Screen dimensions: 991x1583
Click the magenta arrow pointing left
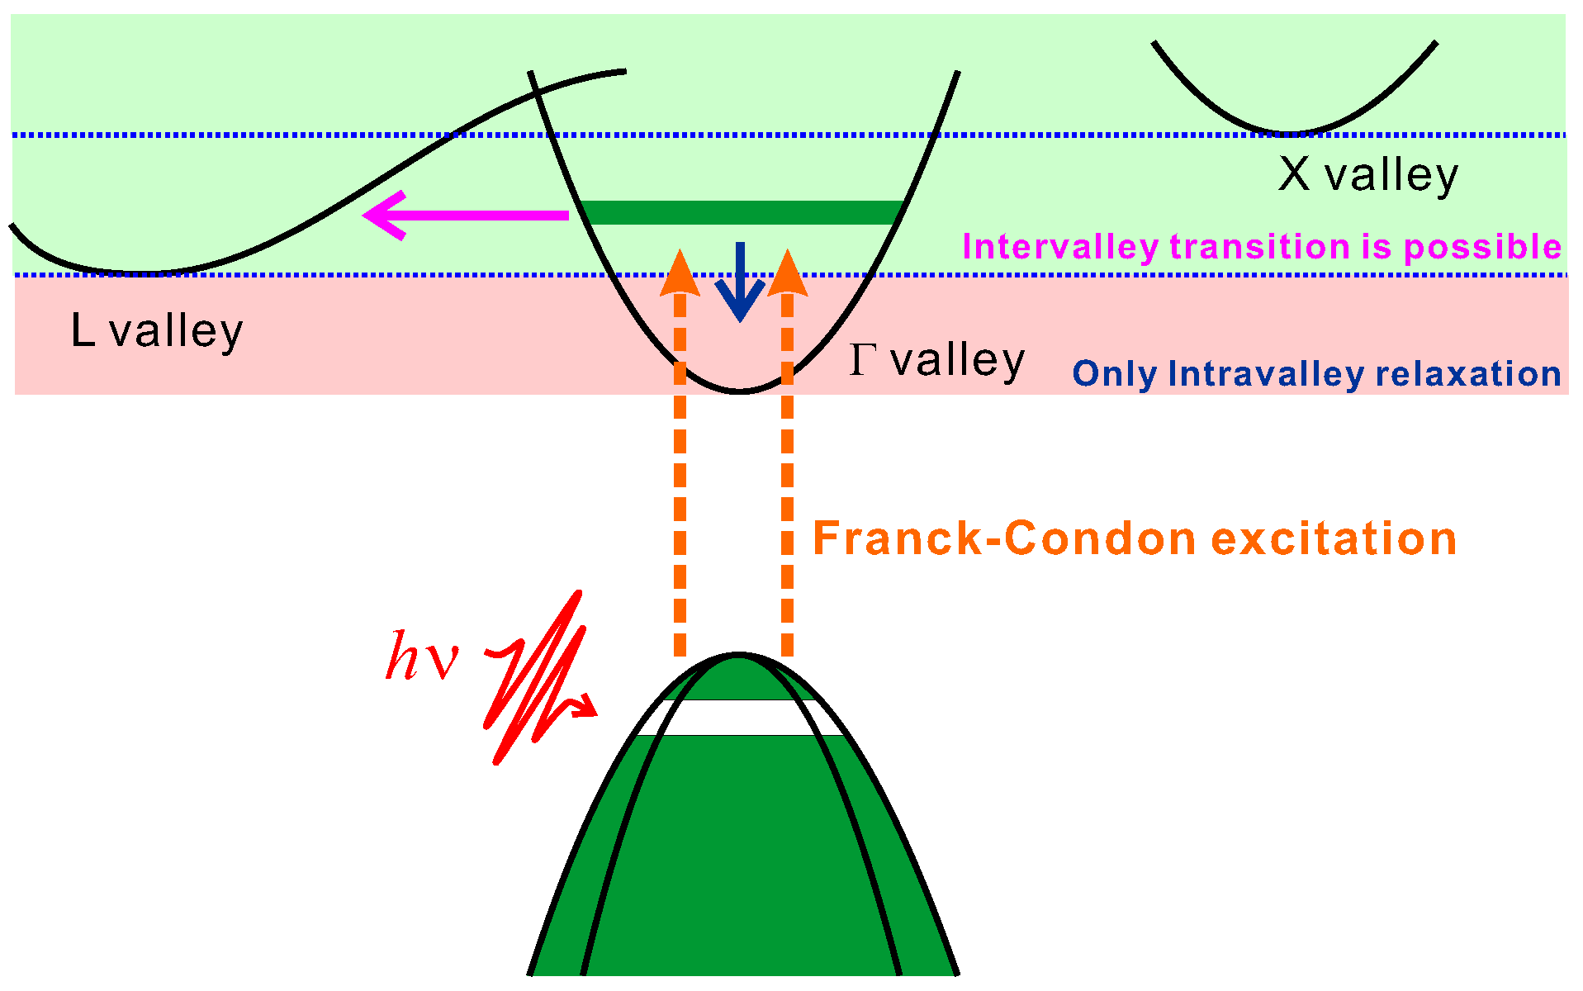click(467, 216)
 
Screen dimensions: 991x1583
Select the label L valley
click(157, 330)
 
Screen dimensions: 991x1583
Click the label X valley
click(1367, 175)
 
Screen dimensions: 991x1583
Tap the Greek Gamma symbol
click(862, 360)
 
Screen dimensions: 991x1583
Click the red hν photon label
click(421, 657)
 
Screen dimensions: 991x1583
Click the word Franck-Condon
click(1004, 538)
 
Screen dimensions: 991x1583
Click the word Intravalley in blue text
click(1265, 374)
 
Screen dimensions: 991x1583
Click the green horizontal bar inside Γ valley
click(741, 212)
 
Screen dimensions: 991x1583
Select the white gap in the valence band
click(741, 718)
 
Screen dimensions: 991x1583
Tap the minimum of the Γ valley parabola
click(740, 391)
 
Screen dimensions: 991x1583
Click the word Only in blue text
click(1115, 374)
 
